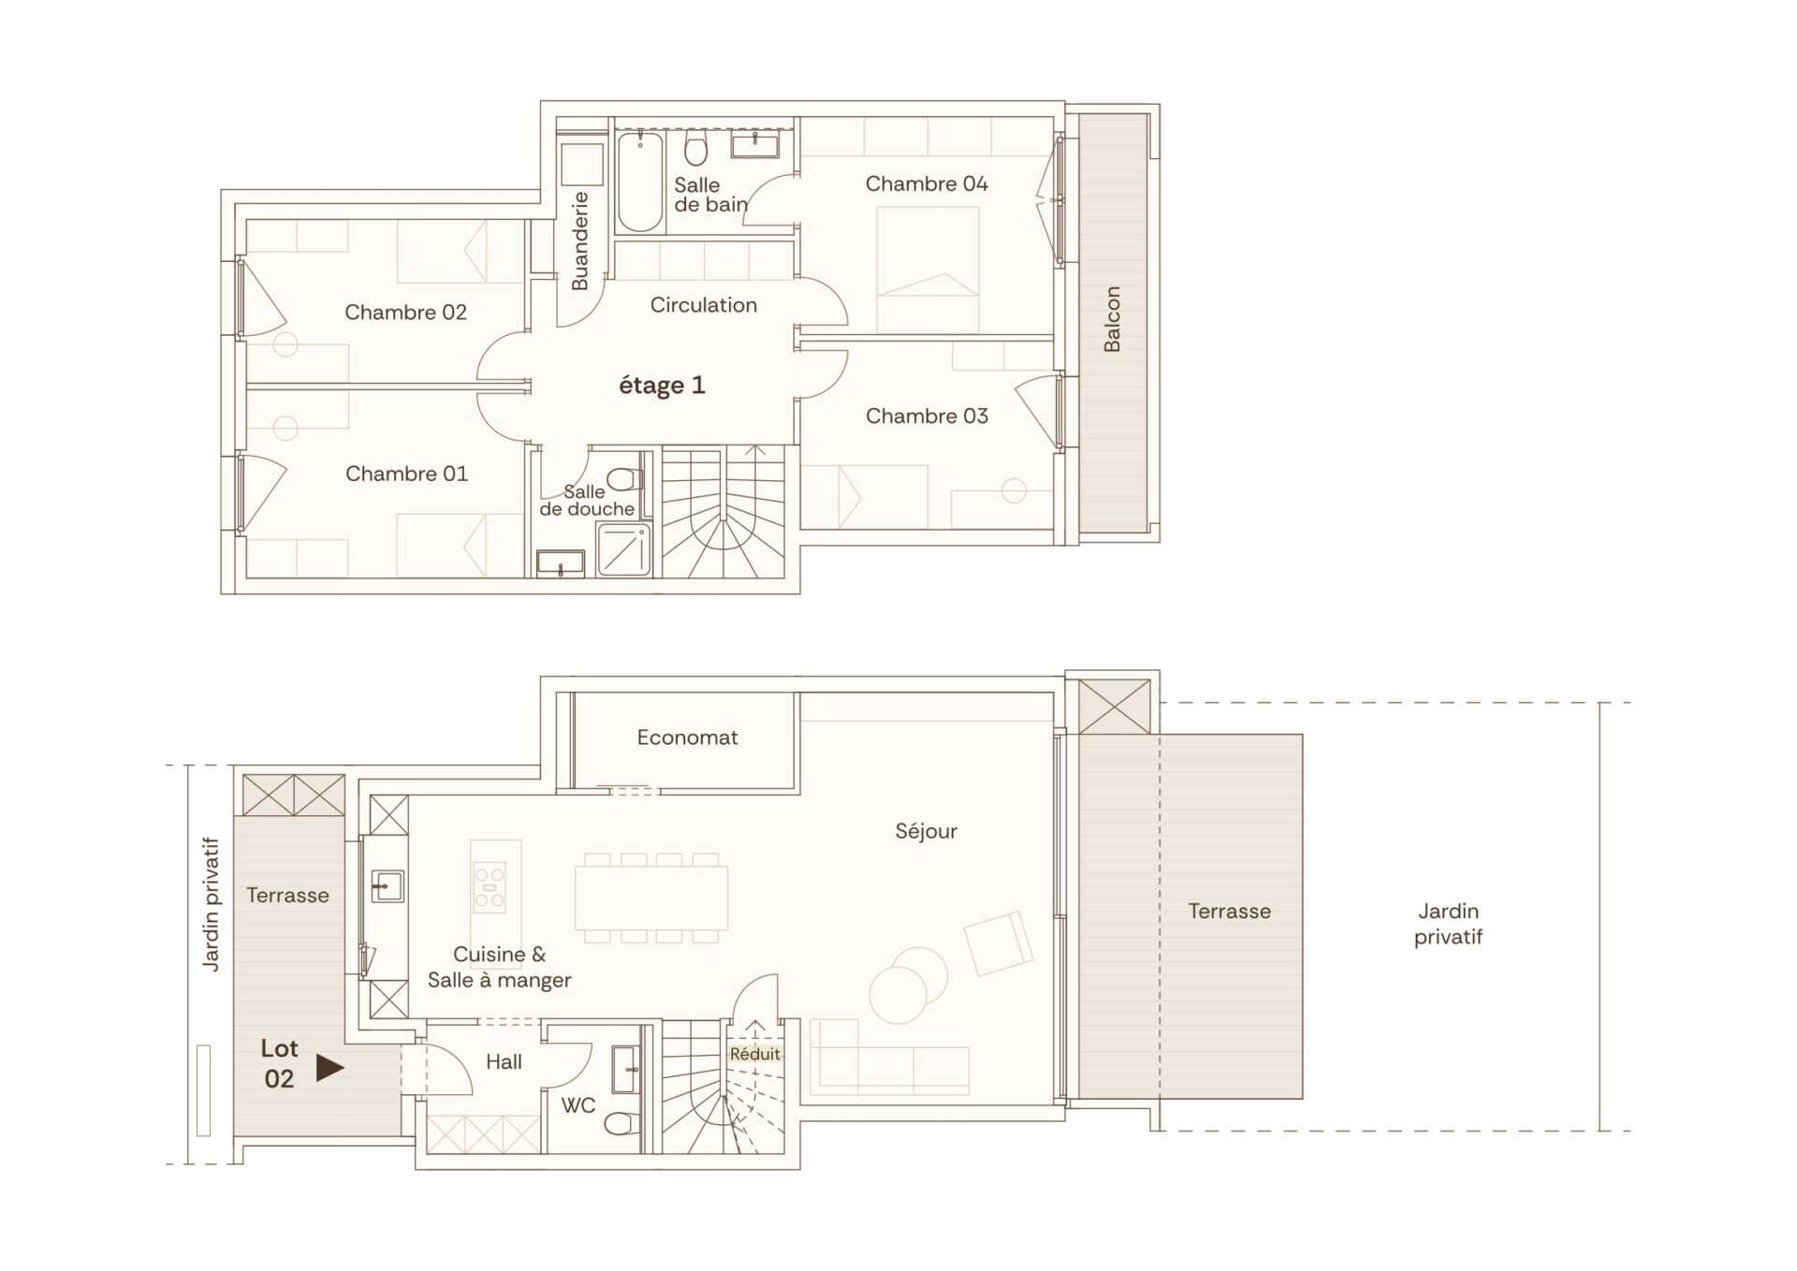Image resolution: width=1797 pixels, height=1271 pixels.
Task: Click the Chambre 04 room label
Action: pyautogui.click(x=926, y=183)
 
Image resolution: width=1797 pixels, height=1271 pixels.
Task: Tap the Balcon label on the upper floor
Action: pyautogui.click(x=1112, y=319)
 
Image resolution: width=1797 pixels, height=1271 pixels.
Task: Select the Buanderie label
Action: pyautogui.click(x=580, y=241)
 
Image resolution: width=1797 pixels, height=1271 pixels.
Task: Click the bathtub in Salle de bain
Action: pyautogui.click(x=640, y=182)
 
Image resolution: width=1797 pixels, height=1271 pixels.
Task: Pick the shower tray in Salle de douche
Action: pyautogui.click(x=623, y=549)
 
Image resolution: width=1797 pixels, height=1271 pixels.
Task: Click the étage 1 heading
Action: pyautogui.click(x=662, y=385)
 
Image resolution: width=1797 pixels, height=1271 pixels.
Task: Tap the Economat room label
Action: pyautogui.click(x=687, y=738)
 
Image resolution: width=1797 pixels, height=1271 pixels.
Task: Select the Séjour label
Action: pyautogui.click(x=926, y=831)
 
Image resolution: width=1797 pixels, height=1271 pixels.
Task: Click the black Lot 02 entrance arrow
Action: pyautogui.click(x=329, y=1067)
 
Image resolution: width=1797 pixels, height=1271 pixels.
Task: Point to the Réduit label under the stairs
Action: pyautogui.click(x=754, y=1054)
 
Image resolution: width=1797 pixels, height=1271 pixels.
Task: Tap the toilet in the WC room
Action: pyautogui.click(x=618, y=1123)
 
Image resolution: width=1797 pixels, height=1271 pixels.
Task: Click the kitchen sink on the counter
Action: pyautogui.click(x=387, y=885)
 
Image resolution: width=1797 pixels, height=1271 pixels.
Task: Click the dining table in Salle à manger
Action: pyautogui.click(x=651, y=898)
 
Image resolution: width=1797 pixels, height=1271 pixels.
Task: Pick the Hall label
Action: pyautogui.click(x=504, y=1061)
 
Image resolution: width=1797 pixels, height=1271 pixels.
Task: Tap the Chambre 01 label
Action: pyautogui.click(x=406, y=474)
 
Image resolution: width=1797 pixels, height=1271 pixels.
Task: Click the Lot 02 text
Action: pyautogui.click(x=279, y=1063)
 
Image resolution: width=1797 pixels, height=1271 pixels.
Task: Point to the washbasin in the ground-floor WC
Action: pyautogui.click(x=624, y=1069)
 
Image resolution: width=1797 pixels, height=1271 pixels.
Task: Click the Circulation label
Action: pyautogui.click(x=703, y=305)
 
